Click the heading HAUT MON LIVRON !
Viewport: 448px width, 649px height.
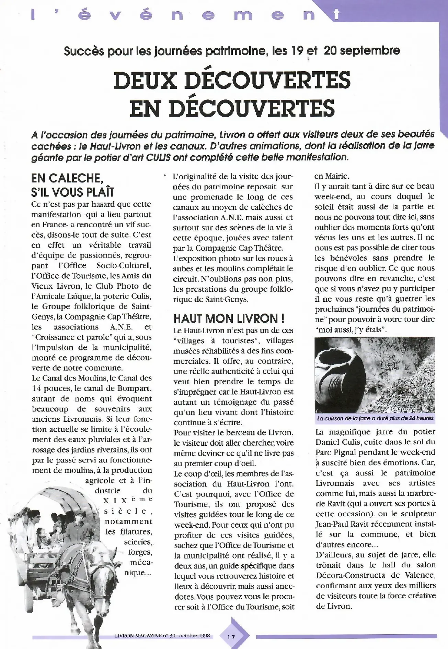tap(229, 319)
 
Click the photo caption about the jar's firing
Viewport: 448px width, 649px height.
tap(375, 418)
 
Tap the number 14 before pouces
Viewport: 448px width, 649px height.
tap(36, 389)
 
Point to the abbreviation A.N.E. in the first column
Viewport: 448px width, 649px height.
tap(121, 327)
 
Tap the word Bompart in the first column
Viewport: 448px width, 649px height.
tap(135, 389)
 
